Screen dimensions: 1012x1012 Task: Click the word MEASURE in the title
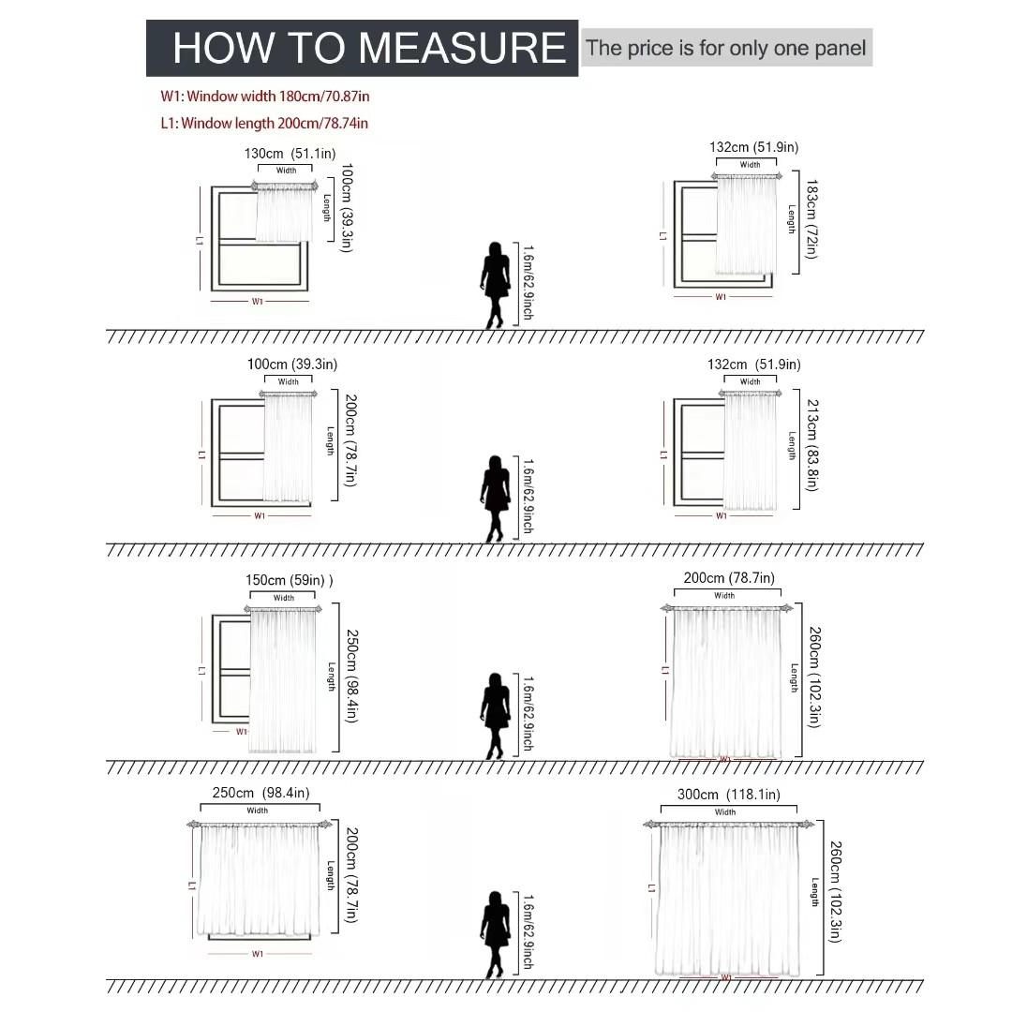(x=461, y=48)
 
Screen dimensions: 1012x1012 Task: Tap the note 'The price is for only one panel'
(x=725, y=48)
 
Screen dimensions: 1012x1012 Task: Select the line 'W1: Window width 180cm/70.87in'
(x=264, y=97)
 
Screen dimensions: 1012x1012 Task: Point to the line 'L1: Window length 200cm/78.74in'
(x=264, y=124)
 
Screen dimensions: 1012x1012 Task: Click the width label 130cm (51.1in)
(x=290, y=154)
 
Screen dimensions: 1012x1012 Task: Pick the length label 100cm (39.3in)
(x=348, y=208)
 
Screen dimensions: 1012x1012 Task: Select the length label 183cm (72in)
(x=811, y=218)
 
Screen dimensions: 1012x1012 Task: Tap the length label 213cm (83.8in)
(x=811, y=445)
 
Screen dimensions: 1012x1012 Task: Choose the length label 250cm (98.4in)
(x=351, y=676)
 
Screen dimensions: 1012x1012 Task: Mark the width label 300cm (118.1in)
(x=729, y=795)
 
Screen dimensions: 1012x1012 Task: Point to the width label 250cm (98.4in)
(x=260, y=793)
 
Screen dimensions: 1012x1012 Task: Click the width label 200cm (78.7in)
(x=729, y=577)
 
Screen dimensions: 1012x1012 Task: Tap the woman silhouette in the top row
(x=495, y=285)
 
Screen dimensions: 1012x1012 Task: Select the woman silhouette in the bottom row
(x=495, y=935)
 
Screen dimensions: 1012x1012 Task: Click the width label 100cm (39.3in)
(x=292, y=364)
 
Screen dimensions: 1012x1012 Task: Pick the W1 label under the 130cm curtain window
(x=258, y=302)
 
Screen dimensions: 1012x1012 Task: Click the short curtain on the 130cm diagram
(x=284, y=214)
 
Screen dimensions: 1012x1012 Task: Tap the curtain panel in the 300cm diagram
(x=728, y=900)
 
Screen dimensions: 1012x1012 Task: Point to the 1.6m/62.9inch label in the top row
(x=528, y=282)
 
